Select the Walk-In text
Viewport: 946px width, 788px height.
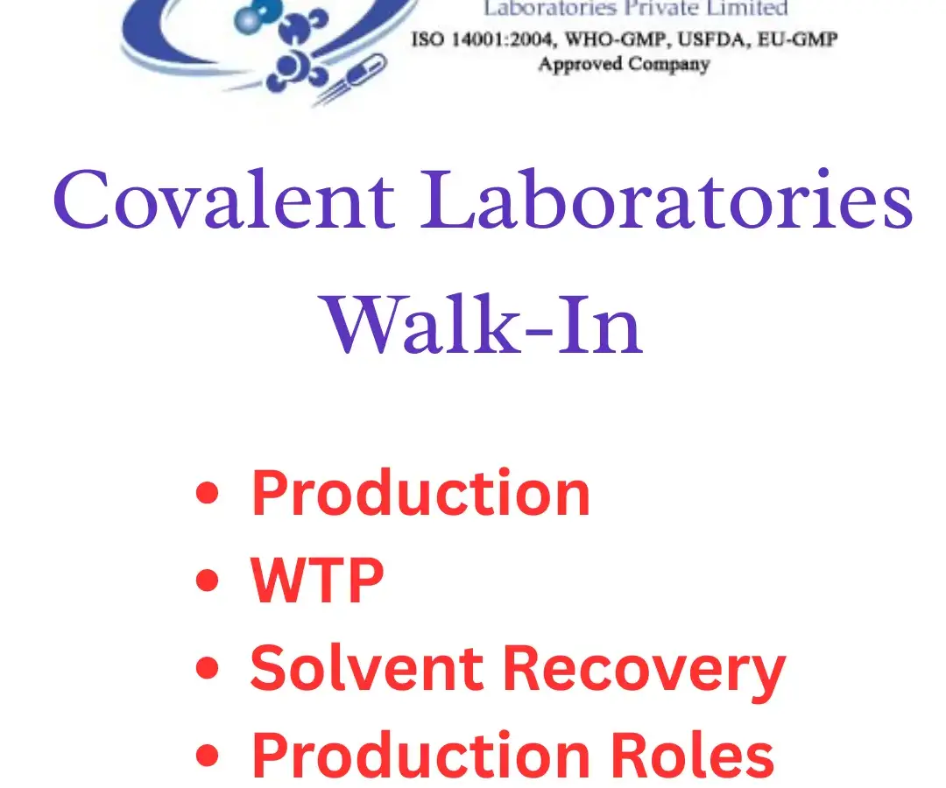pyautogui.click(x=484, y=324)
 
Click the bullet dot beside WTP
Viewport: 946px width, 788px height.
pyautogui.click(x=207, y=580)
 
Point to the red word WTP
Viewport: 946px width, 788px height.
pyautogui.click(x=317, y=580)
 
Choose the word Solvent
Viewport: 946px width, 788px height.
pyautogui.click(x=369, y=667)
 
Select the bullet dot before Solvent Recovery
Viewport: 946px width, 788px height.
pyautogui.click(x=207, y=668)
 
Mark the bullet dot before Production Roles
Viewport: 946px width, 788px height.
pyautogui.click(x=207, y=754)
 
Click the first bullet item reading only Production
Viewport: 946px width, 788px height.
pyautogui.click(x=420, y=493)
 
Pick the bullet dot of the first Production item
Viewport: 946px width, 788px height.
pyautogui.click(x=207, y=494)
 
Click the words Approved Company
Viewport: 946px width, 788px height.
pyautogui.click(x=624, y=64)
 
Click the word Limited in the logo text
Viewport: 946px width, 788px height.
pyautogui.click(x=751, y=10)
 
